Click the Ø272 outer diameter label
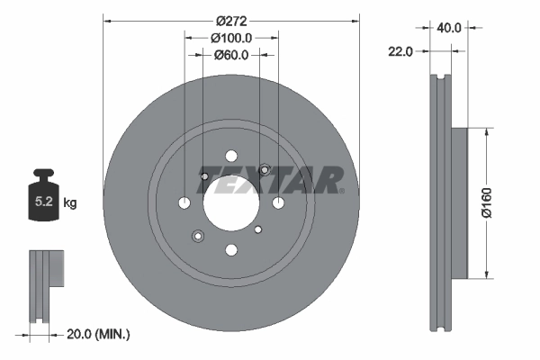click(x=230, y=19)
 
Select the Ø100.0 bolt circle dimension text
click(x=230, y=38)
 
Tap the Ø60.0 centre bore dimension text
click(x=231, y=56)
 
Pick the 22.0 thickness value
click(x=400, y=51)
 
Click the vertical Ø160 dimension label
click(x=486, y=202)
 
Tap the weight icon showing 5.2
click(x=43, y=200)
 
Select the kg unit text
click(x=70, y=203)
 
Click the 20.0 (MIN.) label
click(x=99, y=334)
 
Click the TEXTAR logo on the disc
click(x=275, y=180)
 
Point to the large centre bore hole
click(x=231, y=202)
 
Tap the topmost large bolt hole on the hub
click(x=231, y=155)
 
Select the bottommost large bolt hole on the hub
click(x=231, y=249)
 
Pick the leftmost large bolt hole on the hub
click(x=184, y=202)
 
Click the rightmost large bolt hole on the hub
click(x=278, y=202)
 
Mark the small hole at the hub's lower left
click(x=198, y=236)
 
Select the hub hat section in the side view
click(x=460, y=202)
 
